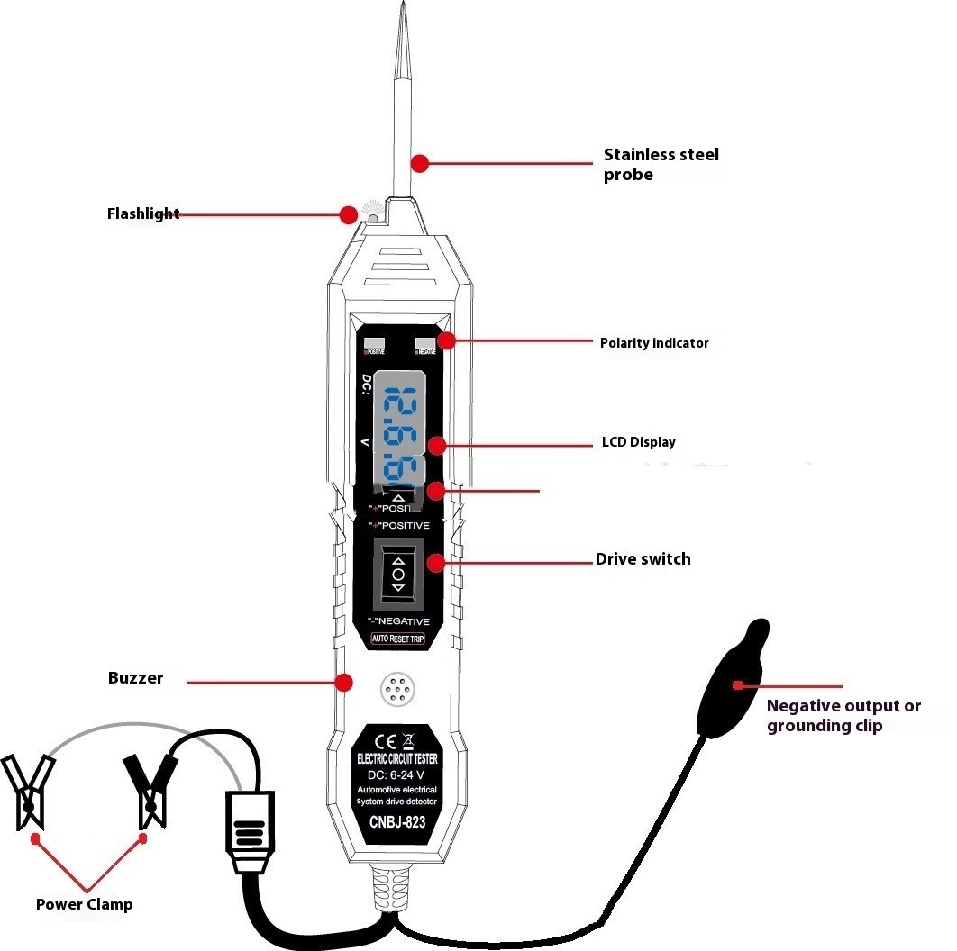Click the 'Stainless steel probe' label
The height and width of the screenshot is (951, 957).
pos(661,164)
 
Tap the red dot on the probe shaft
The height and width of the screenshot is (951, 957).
pos(418,163)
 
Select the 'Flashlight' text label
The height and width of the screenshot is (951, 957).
pos(143,214)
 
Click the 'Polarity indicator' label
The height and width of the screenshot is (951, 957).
pos(654,343)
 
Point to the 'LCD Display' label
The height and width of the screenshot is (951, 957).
pos(638,442)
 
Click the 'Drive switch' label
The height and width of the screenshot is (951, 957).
pos(643,559)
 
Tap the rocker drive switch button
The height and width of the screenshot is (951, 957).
pos(398,573)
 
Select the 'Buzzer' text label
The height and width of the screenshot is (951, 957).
pos(135,678)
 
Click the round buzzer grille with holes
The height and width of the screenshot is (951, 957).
pos(396,690)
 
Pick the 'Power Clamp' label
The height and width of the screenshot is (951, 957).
pos(84,904)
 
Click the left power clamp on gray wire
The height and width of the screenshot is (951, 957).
pos(29,791)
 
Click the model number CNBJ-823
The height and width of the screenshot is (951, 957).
pos(397,821)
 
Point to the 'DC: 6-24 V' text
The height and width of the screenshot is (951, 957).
pos(397,774)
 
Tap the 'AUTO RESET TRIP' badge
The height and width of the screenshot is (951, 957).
pos(397,639)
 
